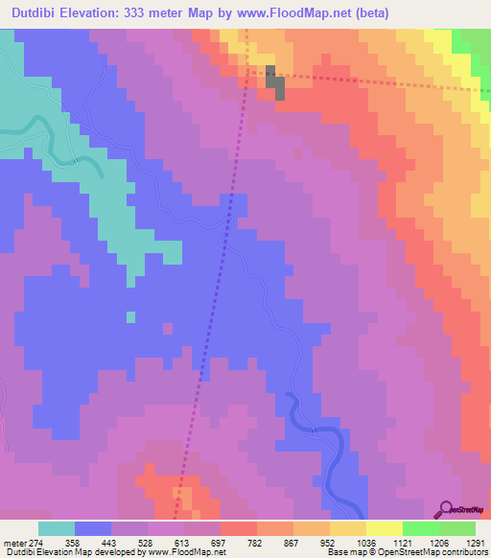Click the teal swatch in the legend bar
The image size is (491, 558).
point(57,528)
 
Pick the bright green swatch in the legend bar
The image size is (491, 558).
point(420,528)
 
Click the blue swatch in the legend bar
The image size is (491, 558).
point(93,528)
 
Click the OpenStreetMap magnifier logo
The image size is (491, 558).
point(447,509)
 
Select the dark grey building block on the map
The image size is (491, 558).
point(274,83)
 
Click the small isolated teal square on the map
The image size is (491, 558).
point(130,316)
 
